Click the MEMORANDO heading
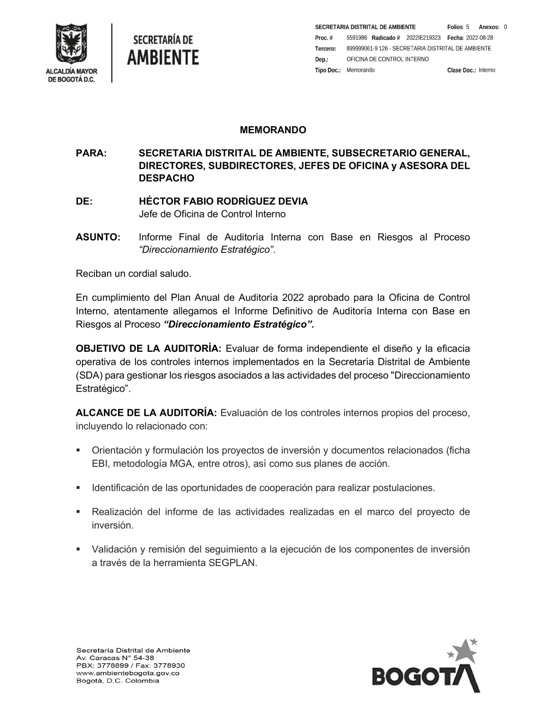coord(273,130)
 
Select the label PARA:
coord(91,153)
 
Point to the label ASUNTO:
coord(98,237)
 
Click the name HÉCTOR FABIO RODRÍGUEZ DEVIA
coord(223,201)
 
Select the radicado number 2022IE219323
coord(423,38)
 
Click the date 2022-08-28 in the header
coord(480,38)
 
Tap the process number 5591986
coord(357,38)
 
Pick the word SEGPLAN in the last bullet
coord(232,562)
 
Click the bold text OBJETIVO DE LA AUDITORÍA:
coord(149,349)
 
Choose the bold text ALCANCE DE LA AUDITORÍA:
coord(146,413)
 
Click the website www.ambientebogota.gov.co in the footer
coord(128,673)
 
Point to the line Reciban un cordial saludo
coord(134,273)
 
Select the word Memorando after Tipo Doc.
coord(360,70)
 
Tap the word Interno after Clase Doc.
coord(487,70)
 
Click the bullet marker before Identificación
coord(79,487)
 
